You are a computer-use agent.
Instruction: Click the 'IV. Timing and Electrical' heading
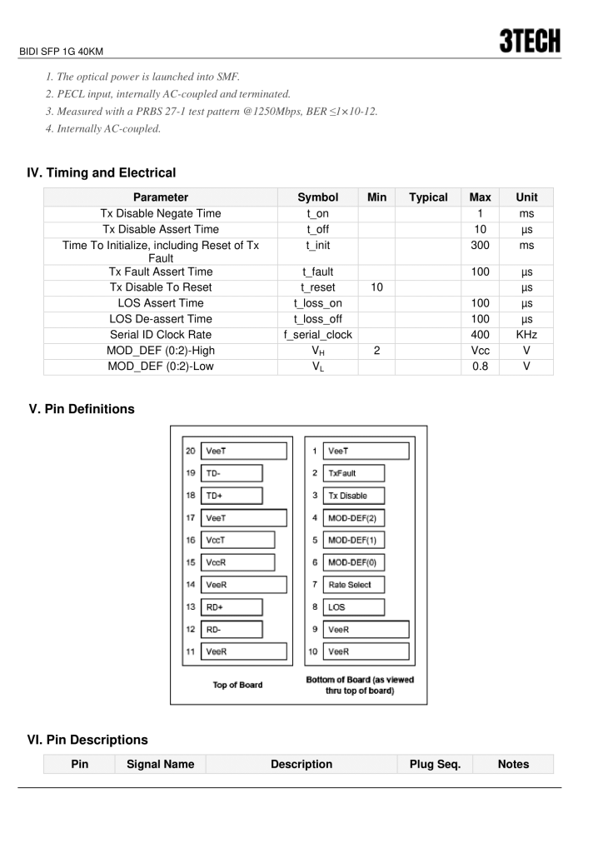tap(102, 173)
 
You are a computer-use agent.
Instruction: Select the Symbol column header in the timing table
tap(317, 197)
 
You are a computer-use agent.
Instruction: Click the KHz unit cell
tap(526, 334)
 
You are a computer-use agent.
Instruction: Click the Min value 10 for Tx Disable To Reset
tap(376, 287)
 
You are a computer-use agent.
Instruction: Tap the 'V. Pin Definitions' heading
tap(82, 409)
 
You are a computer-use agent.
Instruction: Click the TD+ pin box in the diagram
tap(231, 496)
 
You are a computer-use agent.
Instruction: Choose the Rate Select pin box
tap(354, 585)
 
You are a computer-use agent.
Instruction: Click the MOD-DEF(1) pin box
tap(354, 540)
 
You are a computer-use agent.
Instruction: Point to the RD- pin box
tap(231, 630)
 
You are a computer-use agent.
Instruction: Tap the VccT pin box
tap(237, 540)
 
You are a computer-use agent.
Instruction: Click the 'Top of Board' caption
tap(237, 685)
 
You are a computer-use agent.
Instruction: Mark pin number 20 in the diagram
tap(190, 451)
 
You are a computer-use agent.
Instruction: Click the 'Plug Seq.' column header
tap(435, 764)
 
